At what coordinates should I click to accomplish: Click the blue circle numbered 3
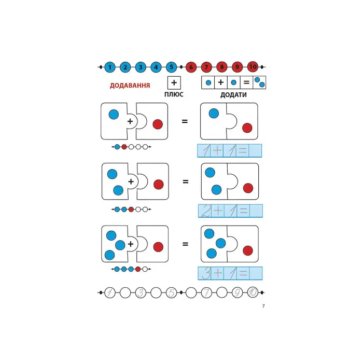click(x=141, y=67)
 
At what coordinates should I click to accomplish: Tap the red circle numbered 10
click(x=253, y=67)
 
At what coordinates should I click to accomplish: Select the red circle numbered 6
click(x=191, y=67)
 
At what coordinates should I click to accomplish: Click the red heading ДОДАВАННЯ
click(x=130, y=86)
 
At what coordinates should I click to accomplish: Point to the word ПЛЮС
click(x=174, y=94)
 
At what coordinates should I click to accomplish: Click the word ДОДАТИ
click(x=233, y=95)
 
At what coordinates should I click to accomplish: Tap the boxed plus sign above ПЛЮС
click(x=174, y=82)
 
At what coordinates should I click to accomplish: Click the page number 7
click(x=263, y=306)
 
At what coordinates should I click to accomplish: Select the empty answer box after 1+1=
click(x=255, y=151)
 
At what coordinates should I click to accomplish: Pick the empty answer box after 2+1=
click(x=256, y=211)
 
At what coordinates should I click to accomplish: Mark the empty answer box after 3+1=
click(x=256, y=273)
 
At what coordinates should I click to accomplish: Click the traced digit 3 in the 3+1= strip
click(x=205, y=273)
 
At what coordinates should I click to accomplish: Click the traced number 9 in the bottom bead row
click(x=237, y=292)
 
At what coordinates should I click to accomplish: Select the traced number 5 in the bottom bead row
click(x=171, y=292)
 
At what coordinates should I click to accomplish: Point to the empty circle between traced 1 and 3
click(x=125, y=292)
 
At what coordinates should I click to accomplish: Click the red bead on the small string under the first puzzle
click(x=124, y=147)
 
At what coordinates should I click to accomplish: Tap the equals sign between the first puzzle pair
click(x=185, y=121)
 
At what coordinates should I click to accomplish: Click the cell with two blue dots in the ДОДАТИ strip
click(x=259, y=82)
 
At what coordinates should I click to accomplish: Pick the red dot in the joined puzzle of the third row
click(x=248, y=250)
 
